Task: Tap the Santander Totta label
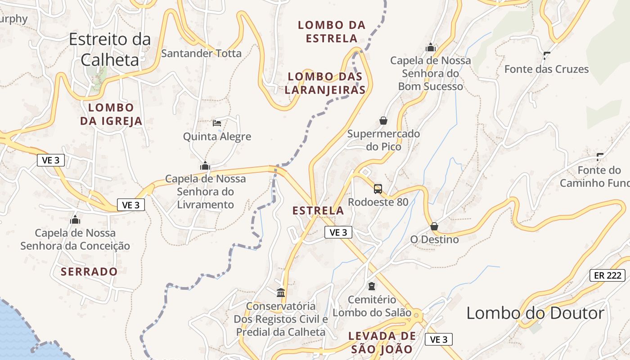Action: click(201, 54)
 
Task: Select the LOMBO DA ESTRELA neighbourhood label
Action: click(332, 31)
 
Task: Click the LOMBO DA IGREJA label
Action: click(111, 114)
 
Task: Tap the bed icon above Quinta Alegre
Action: click(217, 123)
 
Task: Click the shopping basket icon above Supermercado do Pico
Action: click(383, 121)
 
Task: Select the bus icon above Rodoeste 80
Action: click(378, 189)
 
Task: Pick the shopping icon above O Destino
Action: click(434, 226)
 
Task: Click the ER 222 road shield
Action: click(607, 275)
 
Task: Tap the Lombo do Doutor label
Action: click(535, 313)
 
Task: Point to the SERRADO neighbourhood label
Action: click(89, 272)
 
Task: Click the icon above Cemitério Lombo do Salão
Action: click(372, 286)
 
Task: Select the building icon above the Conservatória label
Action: click(281, 293)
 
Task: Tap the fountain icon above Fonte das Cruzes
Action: click(547, 56)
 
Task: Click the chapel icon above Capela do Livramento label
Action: click(205, 166)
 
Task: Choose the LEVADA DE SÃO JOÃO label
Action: click(382, 342)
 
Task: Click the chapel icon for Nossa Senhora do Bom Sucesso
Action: click(431, 47)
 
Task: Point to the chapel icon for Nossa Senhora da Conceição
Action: click(75, 220)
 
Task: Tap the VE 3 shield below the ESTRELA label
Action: click(338, 232)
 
